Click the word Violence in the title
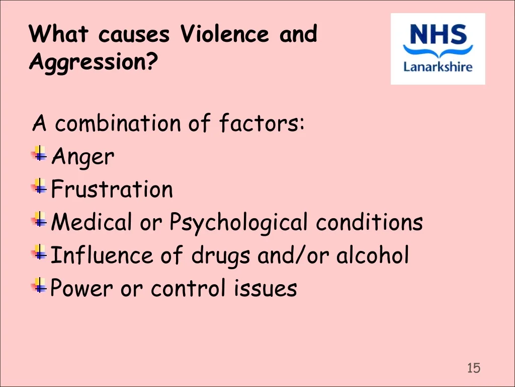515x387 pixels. pyautogui.click(x=225, y=33)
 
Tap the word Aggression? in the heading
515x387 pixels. pyautogui.click(x=94, y=62)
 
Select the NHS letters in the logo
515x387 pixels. pyautogui.click(x=438, y=34)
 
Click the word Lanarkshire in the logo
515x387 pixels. pyautogui.click(x=438, y=67)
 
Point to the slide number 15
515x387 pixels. pyautogui.click(x=474, y=368)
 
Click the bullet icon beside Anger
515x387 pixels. pyautogui.click(x=39, y=153)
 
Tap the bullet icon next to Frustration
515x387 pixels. pyautogui.click(x=39, y=186)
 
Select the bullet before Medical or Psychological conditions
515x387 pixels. pyautogui.click(x=39, y=219)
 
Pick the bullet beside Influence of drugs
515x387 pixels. pyautogui.click(x=39, y=252)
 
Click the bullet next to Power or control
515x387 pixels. pyautogui.click(x=39, y=285)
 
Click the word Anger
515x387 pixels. pyautogui.click(x=83, y=157)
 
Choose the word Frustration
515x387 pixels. pyautogui.click(x=112, y=189)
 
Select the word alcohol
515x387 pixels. pyautogui.click(x=373, y=254)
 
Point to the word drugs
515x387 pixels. pyautogui.click(x=221, y=256)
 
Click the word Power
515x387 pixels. pyautogui.click(x=81, y=288)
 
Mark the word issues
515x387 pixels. pyautogui.click(x=266, y=288)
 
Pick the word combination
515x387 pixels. pyautogui.click(x=118, y=123)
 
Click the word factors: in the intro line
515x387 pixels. pyautogui.click(x=262, y=123)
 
